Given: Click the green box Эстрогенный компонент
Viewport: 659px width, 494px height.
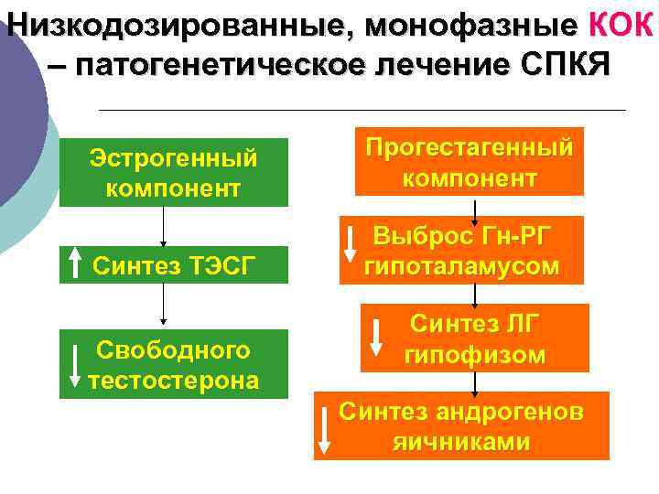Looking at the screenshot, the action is pos(174,173).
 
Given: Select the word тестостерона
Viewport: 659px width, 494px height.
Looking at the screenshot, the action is pos(174,380).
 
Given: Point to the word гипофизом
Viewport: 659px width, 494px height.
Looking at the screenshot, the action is pos(474,354).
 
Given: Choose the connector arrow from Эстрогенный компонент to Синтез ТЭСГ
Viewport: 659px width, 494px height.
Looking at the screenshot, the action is pos(163,226).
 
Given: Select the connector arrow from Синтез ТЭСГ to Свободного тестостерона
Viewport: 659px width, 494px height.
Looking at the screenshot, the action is pos(163,305).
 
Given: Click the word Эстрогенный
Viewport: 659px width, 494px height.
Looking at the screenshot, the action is pos(174,158).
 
